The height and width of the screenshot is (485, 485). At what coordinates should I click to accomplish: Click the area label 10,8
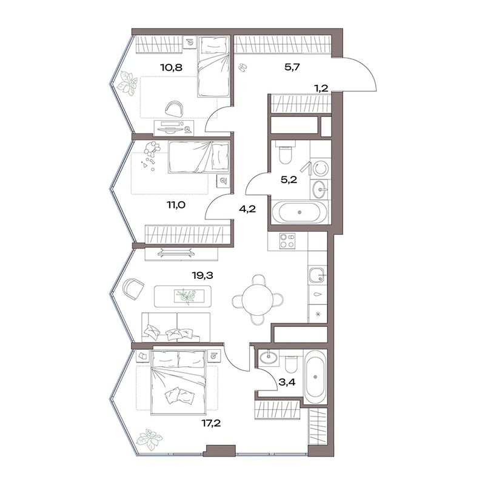click(x=171, y=67)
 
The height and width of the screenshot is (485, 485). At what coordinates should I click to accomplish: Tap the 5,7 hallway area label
click(x=292, y=67)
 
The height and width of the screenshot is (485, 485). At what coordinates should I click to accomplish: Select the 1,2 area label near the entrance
click(x=321, y=89)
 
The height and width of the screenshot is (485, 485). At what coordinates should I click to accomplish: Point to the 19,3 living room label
click(x=202, y=275)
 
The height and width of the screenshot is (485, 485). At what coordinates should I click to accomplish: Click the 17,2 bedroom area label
click(x=211, y=423)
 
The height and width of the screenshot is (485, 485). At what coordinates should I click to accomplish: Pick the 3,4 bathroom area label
click(x=287, y=383)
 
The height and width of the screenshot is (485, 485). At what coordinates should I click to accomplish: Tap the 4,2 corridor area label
click(x=247, y=209)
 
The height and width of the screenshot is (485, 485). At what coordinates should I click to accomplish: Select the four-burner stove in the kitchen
click(x=287, y=241)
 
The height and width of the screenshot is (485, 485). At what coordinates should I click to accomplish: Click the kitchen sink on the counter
click(x=317, y=275)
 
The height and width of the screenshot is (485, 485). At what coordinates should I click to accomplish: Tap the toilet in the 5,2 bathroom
click(x=284, y=153)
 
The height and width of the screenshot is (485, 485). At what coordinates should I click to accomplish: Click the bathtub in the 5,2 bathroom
click(x=299, y=212)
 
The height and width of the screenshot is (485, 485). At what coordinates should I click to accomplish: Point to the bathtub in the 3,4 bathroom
click(x=315, y=376)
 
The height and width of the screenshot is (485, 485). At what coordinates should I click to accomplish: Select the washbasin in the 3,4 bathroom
click(x=269, y=357)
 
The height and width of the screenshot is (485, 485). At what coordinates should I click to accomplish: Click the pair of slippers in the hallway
click(x=242, y=67)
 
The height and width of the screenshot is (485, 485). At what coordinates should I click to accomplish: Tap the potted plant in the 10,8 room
click(x=126, y=82)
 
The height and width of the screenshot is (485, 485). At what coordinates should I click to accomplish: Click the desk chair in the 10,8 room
click(x=175, y=109)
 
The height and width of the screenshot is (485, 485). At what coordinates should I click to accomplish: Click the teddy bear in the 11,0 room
click(x=152, y=148)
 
